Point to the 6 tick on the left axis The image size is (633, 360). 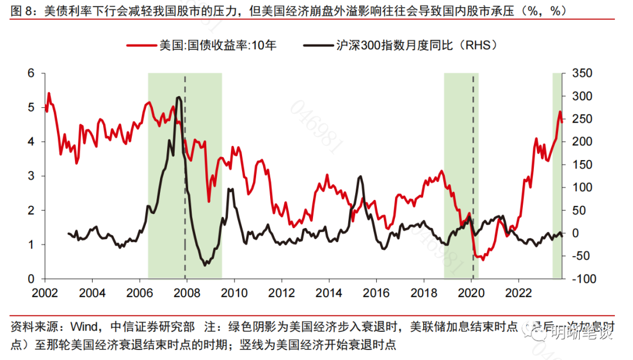(31, 73)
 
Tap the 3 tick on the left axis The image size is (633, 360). (31, 176)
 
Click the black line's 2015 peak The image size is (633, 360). (360, 176)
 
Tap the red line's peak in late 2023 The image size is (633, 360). (560, 111)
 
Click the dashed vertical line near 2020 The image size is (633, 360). (473, 176)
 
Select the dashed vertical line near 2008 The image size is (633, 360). (185, 176)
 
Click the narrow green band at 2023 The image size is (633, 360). (557, 176)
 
